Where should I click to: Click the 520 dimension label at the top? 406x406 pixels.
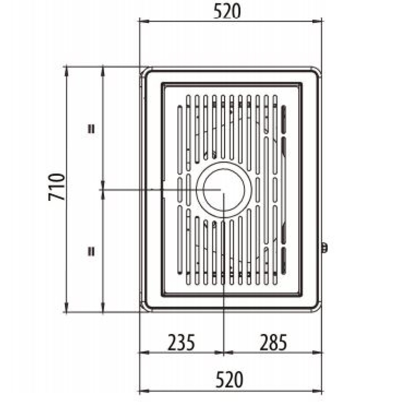point(227,12)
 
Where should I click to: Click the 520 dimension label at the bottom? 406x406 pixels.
point(230,379)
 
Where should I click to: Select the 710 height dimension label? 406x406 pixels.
point(56,187)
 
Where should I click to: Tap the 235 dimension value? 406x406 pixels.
point(181,342)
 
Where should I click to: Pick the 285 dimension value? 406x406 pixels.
point(273,342)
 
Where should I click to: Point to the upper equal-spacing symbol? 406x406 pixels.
point(91,128)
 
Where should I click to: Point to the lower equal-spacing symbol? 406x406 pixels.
point(91,251)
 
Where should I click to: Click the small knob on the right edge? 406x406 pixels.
point(324,248)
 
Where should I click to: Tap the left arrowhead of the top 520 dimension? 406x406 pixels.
point(144,21)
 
